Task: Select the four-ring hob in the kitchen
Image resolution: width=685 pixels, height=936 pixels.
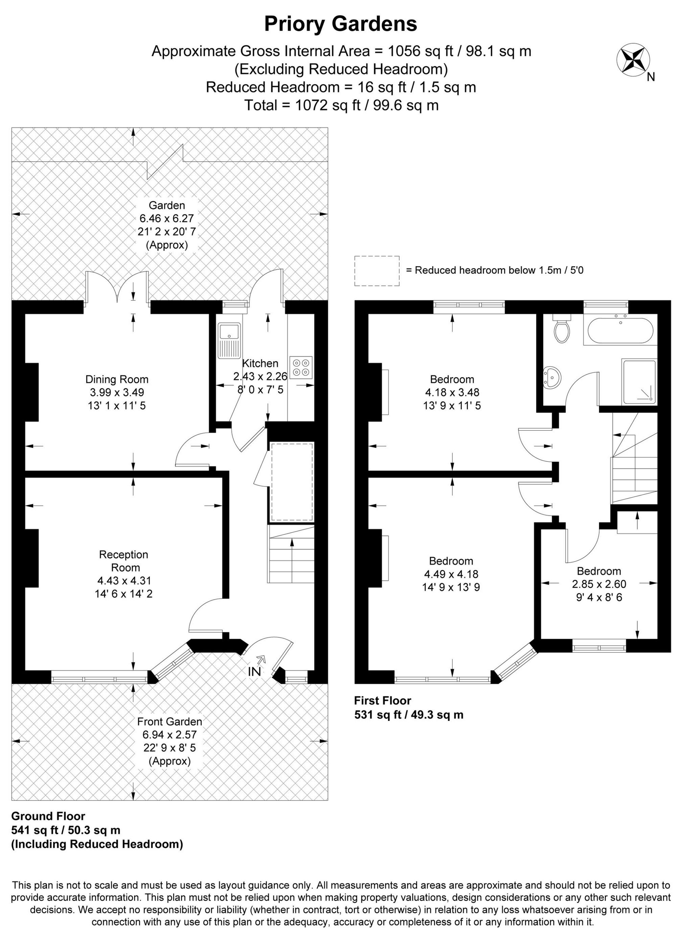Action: pos(301,367)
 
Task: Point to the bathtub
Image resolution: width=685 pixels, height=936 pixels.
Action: pos(620,330)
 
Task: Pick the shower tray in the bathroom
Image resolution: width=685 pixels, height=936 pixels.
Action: pos(639,382)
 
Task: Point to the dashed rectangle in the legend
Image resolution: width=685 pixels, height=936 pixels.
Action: pos(376,271)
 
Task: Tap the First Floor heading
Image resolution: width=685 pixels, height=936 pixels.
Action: pos(382,701)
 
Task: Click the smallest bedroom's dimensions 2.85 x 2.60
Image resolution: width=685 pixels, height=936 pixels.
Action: pos(599,584)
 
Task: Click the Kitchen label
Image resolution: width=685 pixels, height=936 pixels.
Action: pos(260,364)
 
